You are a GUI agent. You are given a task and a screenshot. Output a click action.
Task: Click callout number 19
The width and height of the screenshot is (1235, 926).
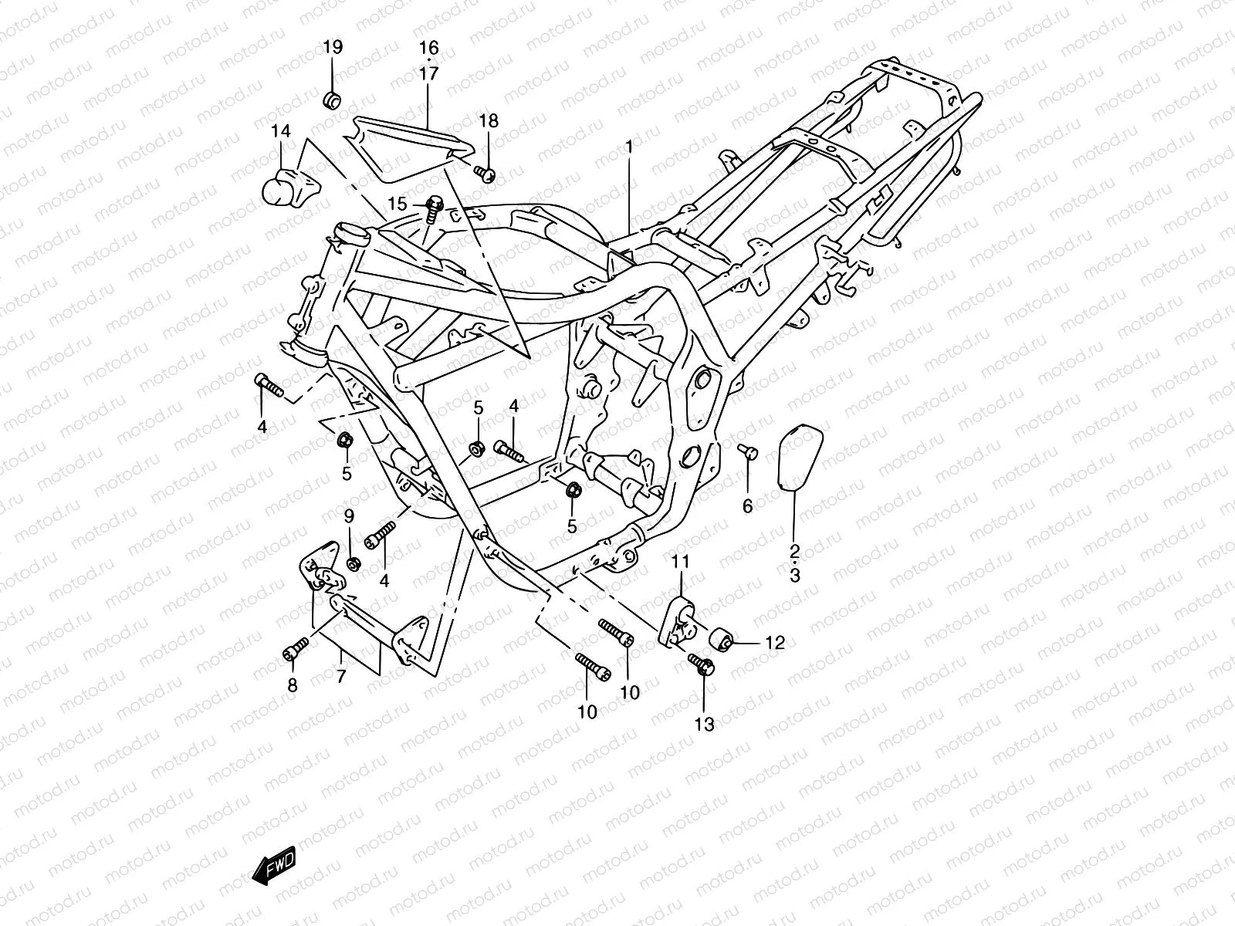[333, 48]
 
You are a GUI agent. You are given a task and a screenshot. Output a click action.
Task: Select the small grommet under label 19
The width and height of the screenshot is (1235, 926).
[333, 100]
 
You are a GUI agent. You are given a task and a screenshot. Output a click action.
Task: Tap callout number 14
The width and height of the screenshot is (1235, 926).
[281, 132]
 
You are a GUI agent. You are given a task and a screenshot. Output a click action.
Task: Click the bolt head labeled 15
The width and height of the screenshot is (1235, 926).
[434, 205]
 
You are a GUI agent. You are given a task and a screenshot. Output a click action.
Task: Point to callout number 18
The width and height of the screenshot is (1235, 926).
[510, 121]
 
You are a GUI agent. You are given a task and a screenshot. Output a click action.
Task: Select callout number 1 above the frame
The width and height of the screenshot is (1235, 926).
[629, 146]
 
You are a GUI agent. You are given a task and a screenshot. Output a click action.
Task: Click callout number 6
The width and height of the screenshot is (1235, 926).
[747, 506]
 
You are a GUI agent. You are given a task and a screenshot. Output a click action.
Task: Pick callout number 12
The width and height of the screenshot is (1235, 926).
[774, 642]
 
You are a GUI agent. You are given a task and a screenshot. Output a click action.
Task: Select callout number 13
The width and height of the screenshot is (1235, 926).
[705, 724]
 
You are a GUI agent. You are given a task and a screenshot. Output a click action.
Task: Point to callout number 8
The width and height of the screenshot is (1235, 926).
[293, 685]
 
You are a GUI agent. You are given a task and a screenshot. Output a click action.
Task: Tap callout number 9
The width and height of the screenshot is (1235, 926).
[349, 515]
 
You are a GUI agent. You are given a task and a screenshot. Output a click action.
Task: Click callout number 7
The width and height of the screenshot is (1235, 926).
[341, 676]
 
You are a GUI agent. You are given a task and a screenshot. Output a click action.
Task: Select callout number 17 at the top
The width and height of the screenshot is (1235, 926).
[429, 74]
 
